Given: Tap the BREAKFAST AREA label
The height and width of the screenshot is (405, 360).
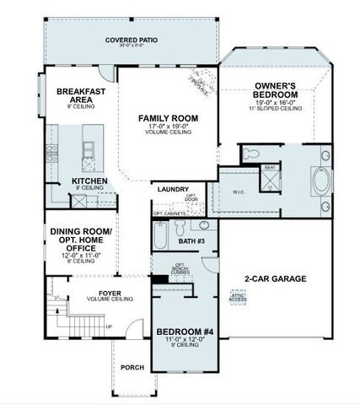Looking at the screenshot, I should [80, 94].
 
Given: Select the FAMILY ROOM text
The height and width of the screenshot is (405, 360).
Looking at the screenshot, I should [168, 117].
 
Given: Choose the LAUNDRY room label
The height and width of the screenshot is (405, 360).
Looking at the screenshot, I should [173, 190].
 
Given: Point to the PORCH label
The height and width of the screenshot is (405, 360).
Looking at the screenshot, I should [132, 367].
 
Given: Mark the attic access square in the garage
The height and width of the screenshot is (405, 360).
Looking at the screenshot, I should [239, 297].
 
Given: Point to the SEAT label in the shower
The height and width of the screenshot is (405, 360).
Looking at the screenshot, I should [295, 167].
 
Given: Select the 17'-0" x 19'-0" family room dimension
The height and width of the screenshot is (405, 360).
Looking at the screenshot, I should [168, 127].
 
